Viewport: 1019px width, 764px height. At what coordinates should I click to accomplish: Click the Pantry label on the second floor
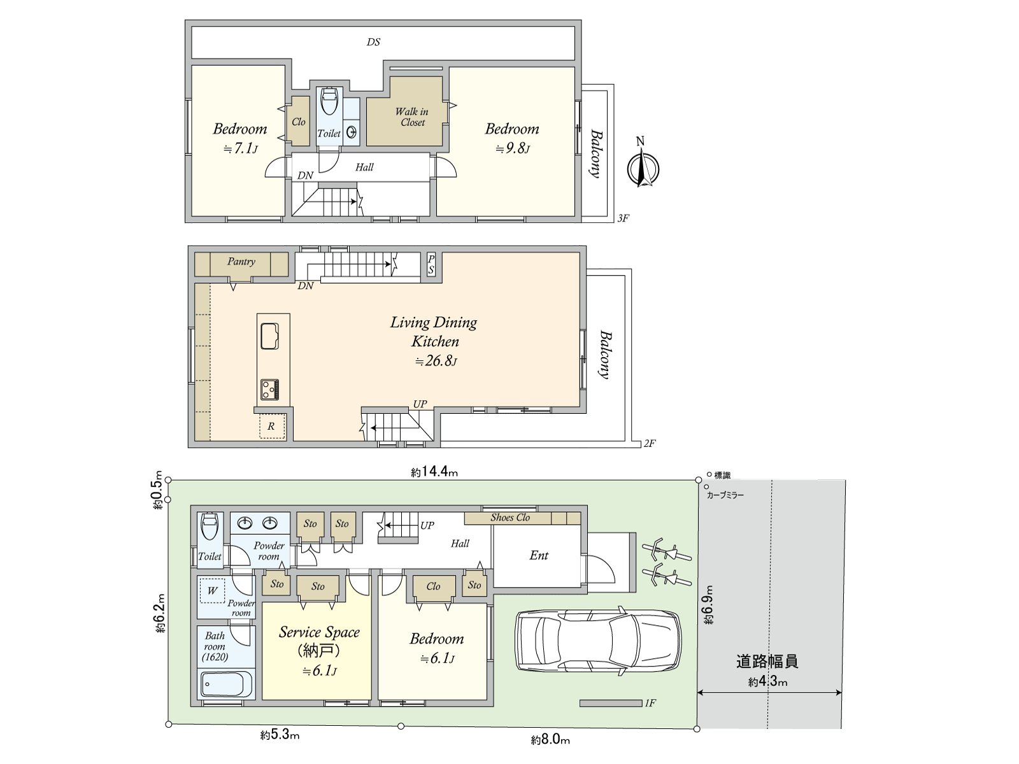[x=241, y=262]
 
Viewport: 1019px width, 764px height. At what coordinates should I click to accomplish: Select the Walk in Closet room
[x=404, y=111]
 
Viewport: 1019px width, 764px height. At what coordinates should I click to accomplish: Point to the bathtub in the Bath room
[x=227, y=684]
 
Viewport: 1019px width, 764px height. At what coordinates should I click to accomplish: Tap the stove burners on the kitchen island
[x=270, y=390]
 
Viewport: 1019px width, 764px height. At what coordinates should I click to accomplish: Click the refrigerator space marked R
[x=271, y=427]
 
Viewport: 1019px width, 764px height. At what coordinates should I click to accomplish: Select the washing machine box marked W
[x=212, y=591]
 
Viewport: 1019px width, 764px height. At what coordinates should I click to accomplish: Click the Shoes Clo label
[x=510, y=518]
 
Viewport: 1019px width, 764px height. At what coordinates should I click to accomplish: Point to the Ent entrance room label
[x=539, y=556]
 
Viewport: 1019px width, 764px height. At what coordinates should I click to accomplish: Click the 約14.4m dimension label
[x=434, y=472]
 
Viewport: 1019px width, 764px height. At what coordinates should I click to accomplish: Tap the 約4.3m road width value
[x=768, y=682]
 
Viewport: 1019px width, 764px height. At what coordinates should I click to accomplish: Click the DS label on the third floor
[x=373, y=42]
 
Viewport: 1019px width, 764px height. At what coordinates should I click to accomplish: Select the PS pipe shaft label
[x=431, y=264]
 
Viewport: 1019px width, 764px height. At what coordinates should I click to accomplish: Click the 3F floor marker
[x=624, y=218]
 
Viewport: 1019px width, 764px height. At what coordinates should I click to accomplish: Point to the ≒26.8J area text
[x=436, y=361]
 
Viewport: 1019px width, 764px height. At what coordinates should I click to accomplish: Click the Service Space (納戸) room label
[x=320, y=642]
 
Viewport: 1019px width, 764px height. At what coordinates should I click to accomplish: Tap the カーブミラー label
[x=725, y=495]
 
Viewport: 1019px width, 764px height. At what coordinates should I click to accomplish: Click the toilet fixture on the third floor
[x=330, y=101]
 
